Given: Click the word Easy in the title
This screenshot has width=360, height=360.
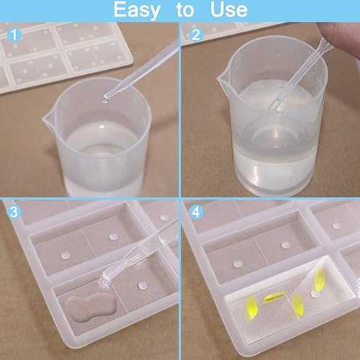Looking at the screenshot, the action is pos(137,10).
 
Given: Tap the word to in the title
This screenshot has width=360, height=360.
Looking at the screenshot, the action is pos(185,10).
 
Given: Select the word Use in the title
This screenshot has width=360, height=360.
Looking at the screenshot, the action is pos(229,9).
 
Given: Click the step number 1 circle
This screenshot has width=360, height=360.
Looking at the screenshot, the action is pos(14,35).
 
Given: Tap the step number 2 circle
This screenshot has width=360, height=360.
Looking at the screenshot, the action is pos(196,35).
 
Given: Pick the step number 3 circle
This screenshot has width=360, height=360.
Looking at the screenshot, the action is pos(14,212).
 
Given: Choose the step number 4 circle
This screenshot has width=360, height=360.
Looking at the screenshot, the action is pos(196,212).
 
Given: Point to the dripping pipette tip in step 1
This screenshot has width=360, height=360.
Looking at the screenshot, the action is pos(106,99).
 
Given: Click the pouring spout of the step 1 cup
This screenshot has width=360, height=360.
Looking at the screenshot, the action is pos(47,120).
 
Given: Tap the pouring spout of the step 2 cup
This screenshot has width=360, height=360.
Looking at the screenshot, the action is pos(222,77).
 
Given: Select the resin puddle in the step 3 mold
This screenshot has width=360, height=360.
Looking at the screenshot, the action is pos(90,307).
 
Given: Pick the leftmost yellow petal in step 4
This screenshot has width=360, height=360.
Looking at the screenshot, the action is pos(251,307).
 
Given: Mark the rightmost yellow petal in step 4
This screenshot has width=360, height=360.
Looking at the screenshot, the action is pos(320,279).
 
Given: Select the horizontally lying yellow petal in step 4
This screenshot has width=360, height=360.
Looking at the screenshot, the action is pos(274,297).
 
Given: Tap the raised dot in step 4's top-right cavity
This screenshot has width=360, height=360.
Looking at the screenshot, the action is pos(336,225).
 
